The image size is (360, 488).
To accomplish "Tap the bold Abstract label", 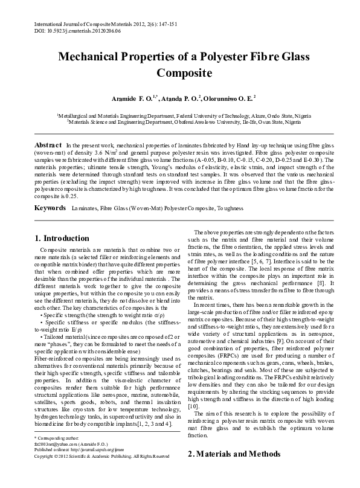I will [x=48, y=146].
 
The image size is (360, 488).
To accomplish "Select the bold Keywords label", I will [x=50, y=207].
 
